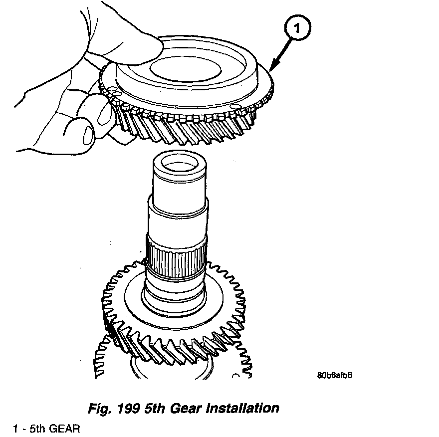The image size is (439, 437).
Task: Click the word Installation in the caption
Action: pyautogui.click(x=239, y=408)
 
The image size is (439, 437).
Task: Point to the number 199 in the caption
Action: pyautogui.click(x=127, y=409)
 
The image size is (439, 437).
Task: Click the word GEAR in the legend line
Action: pyautogui.click(x=63, y=429)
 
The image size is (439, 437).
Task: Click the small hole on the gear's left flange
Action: pyautogui.click(x=114, y=92)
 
